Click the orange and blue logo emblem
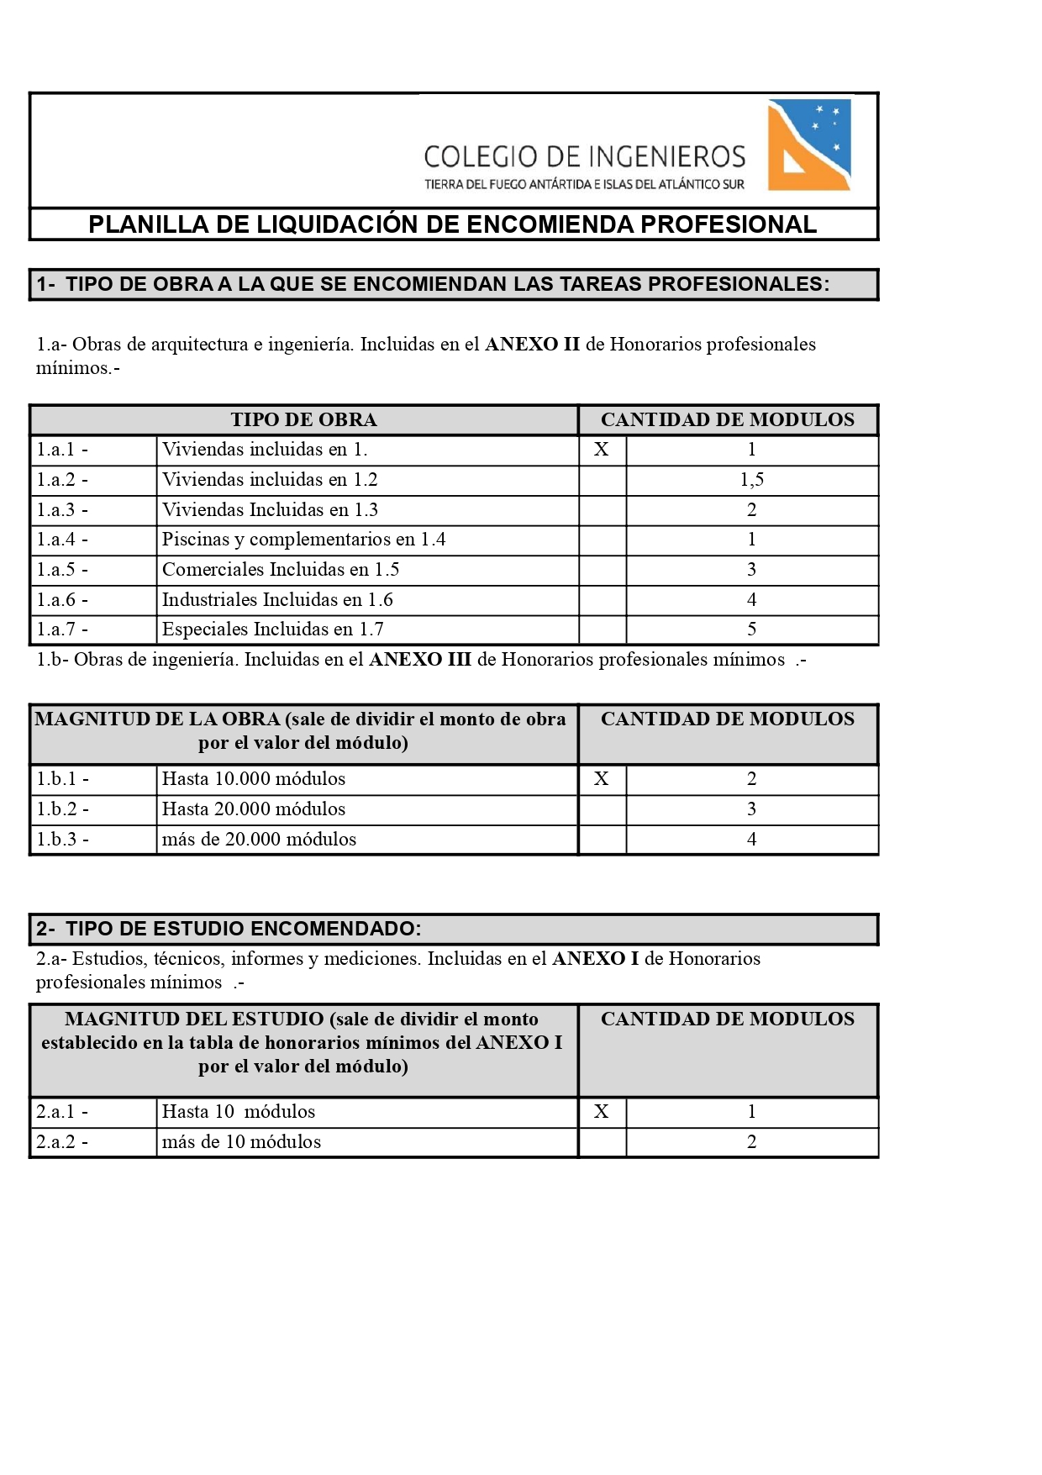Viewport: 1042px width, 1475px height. pos(809,145)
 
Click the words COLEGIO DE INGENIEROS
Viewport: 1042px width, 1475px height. pos(584,157)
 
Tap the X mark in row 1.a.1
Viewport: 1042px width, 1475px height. pos(601,450)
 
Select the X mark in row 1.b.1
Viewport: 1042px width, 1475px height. pos(601,779)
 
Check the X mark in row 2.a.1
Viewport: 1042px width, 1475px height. pos(601,1112)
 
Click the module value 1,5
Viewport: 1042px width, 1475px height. pos(751,480)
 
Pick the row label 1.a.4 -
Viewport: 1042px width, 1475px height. pos(62,540)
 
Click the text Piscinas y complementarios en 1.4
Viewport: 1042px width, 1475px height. pos(303,540)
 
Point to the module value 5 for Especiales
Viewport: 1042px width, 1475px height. pos(751,630)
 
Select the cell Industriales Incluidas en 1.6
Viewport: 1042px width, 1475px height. pos(277,600)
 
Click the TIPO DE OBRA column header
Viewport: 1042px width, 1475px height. pos(303,420)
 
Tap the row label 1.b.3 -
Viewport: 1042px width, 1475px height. pos(62,840)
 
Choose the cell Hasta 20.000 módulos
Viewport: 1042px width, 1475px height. pos(254,809)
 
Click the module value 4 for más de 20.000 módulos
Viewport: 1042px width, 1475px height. pos(751,840)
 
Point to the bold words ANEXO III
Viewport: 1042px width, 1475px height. pos(420,660)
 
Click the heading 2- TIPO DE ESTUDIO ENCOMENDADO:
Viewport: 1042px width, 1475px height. pos(229,930)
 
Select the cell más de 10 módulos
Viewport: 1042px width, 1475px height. pos(241,1142)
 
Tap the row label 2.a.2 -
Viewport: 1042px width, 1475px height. pos(62,1142)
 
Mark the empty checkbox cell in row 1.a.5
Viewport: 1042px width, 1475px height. pos(602,570)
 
